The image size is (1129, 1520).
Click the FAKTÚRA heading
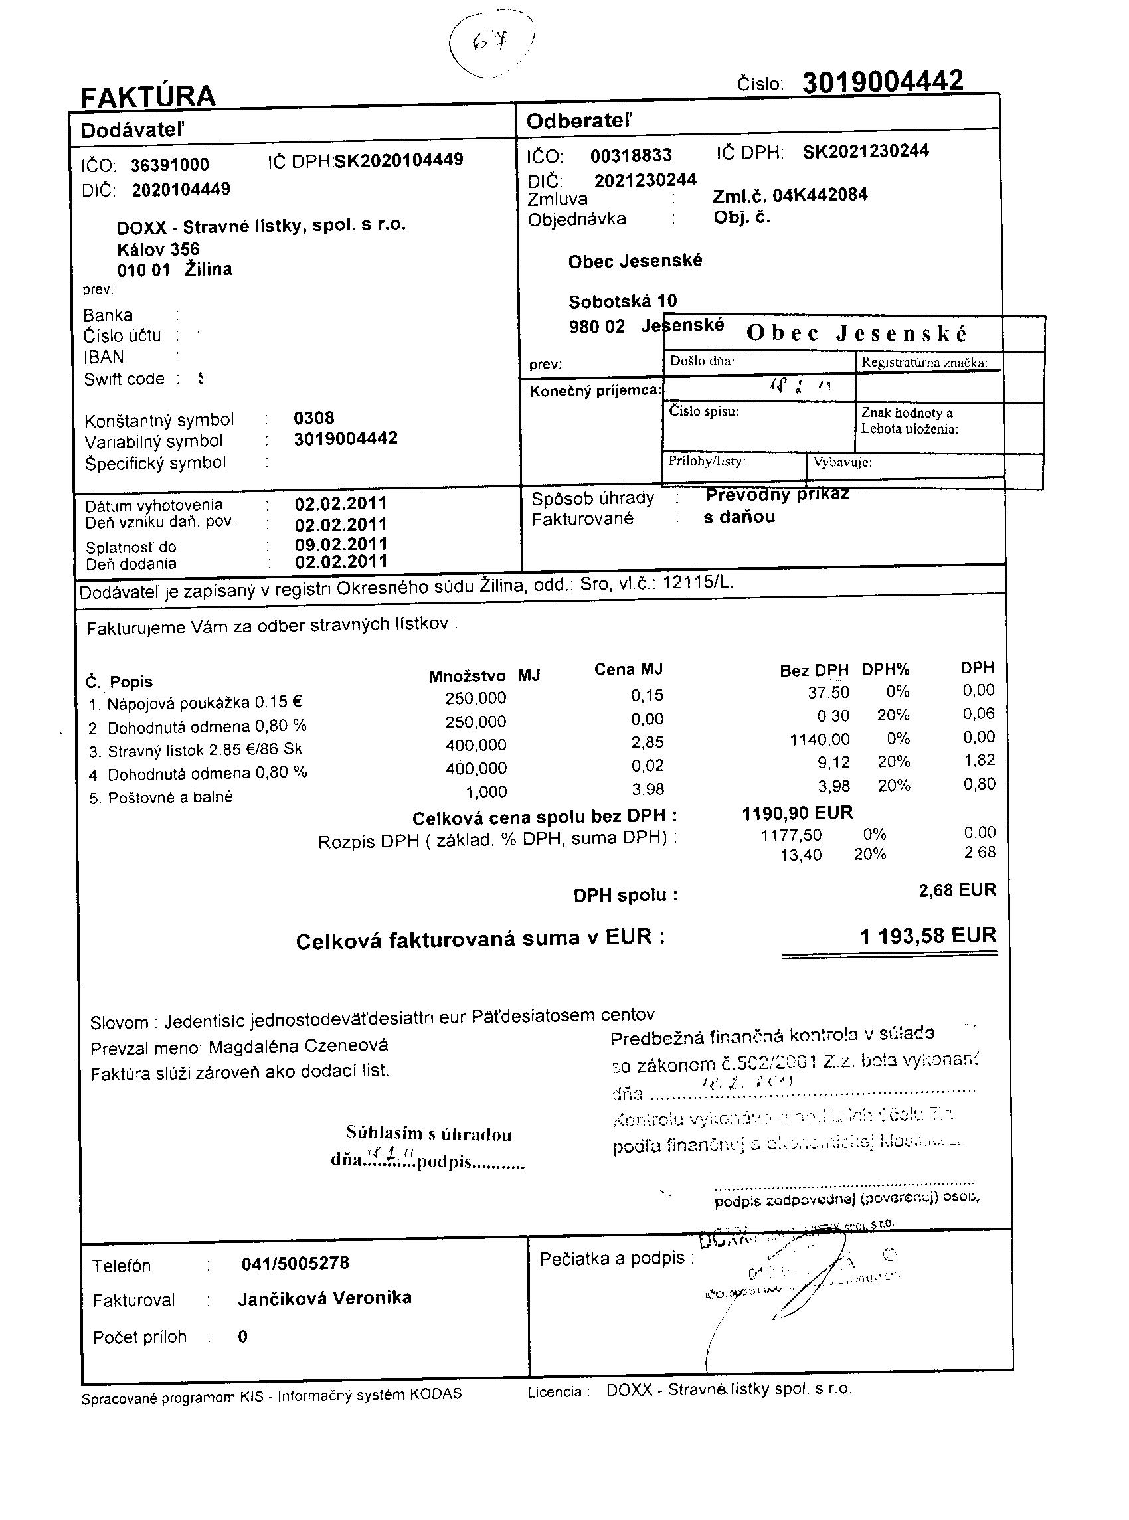tap(147, 96)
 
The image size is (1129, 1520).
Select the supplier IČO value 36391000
tap(169, 165)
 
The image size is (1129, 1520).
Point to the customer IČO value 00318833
tap(631, 156)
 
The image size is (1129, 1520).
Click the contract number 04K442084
tap(820, 195)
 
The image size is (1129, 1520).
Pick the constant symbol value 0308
tap(313, 418)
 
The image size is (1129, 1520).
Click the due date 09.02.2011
tap(340, 545)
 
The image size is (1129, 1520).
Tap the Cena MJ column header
tap(628, 669)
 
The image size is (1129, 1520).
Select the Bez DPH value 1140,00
tap(820, 739)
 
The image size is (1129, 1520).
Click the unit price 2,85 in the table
tap(648, 742)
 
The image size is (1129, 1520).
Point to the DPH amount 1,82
tap(979, 760)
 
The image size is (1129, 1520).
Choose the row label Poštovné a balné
tap(170, 798)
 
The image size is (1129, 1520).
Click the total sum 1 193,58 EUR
tap(927, 935)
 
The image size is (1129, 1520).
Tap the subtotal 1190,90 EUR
tap(797, 813)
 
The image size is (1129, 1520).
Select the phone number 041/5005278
tap(296, 1263)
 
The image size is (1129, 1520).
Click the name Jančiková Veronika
tap(325, 1298)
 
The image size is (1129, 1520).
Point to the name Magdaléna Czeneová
tap(298, 1046)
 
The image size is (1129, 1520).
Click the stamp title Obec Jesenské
tap(856, 333)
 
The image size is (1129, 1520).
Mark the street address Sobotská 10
tap(622, 301)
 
